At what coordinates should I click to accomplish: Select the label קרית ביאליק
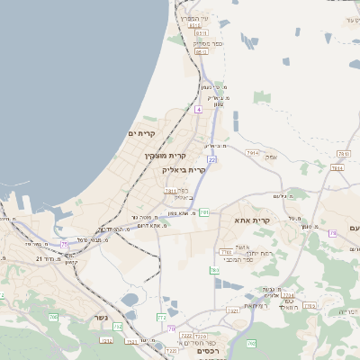click(x=184, y=169)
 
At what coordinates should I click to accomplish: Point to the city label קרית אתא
click(x=252, y=220)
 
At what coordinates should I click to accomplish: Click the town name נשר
click(x=101, y=318)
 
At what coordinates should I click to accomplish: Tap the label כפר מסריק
click(x=207, y=43)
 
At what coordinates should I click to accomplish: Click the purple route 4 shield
click(x=198, y=108)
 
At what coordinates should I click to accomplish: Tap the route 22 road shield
click(x=211, y=159)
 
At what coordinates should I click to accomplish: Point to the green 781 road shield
click(x=204, y=213)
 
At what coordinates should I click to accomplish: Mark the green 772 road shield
click(x=161, y=318)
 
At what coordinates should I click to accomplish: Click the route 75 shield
click(x=65, y=244)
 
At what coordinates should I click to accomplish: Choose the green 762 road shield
click(x=252, y=343)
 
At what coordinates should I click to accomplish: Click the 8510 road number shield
click(x=197, y=27)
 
